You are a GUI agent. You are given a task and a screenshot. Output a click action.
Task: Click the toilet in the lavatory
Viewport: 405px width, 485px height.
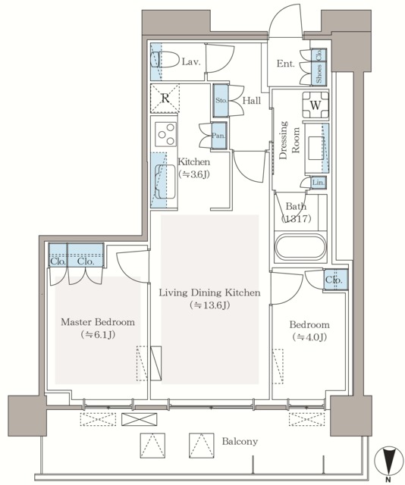[x=164, y=59]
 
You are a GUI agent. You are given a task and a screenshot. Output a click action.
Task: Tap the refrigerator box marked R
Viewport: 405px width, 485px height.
[x=165, y=98]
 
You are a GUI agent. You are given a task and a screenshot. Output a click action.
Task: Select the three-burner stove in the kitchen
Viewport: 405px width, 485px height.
[x=165, y=134]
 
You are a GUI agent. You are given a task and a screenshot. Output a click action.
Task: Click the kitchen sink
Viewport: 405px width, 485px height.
[x=165, y=182]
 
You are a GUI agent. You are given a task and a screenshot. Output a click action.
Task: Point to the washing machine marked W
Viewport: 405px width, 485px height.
[x=316, y=105]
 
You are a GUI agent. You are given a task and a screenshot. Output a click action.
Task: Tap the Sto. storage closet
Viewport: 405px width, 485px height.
[x=221, y=101]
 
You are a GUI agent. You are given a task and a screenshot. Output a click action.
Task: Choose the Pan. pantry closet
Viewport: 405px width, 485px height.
[x=219, y=136]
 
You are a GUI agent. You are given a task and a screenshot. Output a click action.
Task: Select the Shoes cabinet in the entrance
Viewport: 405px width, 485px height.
[x=319, y=74]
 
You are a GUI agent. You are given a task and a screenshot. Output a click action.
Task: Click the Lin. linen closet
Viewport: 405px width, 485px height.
[x=318, y=183]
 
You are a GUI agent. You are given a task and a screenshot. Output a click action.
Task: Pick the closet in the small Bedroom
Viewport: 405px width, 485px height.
[x=336, y=280]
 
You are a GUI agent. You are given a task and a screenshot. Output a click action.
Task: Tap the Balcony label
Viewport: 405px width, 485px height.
[x=240, y=441]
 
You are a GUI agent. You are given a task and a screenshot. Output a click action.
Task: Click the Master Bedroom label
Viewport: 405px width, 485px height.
[x=98, y=322]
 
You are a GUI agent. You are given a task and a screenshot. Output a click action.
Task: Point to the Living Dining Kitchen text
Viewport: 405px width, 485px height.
[x=209, y=293]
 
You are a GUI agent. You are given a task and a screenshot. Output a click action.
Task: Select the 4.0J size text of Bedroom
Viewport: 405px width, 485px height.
[x=309, y=337]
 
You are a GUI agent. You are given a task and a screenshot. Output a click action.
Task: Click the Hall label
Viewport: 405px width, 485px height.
[x=252, y=101]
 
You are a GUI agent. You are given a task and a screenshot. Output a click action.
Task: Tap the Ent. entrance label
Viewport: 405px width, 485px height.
[x=285, y=64]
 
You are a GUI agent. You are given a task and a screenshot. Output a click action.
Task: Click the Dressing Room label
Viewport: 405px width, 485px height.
[x=289, y=139]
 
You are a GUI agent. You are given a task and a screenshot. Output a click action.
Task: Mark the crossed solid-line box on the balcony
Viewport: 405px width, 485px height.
[x=140, y=419]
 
